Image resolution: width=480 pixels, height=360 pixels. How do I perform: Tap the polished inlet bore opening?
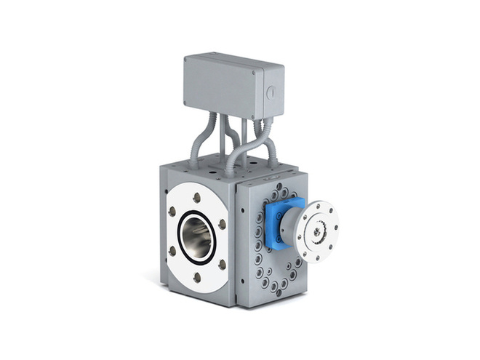pos(197,236)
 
